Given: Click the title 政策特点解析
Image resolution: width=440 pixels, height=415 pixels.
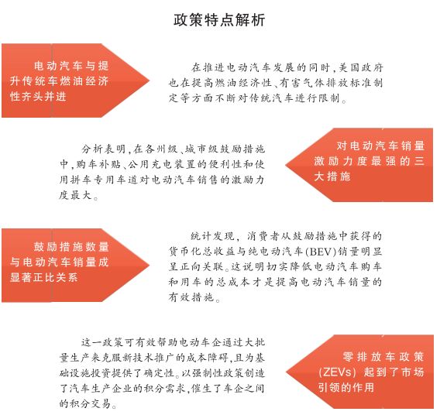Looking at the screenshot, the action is (219, 20).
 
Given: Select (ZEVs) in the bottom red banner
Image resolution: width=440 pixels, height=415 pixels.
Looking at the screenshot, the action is (337, 372).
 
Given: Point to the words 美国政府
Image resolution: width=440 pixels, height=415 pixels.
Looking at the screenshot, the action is (361, 67).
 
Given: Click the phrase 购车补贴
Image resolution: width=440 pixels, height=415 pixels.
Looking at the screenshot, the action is (98, 164).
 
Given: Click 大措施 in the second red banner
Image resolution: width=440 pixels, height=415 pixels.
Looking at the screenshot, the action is (332, 177).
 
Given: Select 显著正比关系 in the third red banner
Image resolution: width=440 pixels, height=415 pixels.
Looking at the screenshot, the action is (44, 278).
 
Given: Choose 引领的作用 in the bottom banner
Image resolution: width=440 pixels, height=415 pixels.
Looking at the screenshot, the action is (346, 388).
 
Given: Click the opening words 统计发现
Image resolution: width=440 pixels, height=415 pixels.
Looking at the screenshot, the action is (212, 236).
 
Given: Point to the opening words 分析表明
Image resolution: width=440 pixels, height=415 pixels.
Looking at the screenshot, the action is (104, 149).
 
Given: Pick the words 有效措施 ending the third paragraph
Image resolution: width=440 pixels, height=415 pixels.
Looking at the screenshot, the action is (191, 297).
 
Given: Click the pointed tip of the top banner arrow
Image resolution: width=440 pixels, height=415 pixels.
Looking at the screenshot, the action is (150, 81).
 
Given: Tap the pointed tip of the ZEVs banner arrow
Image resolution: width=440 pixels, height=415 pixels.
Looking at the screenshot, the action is (286, 372).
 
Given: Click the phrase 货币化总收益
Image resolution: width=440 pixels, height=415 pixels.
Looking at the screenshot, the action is (202, 251).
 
